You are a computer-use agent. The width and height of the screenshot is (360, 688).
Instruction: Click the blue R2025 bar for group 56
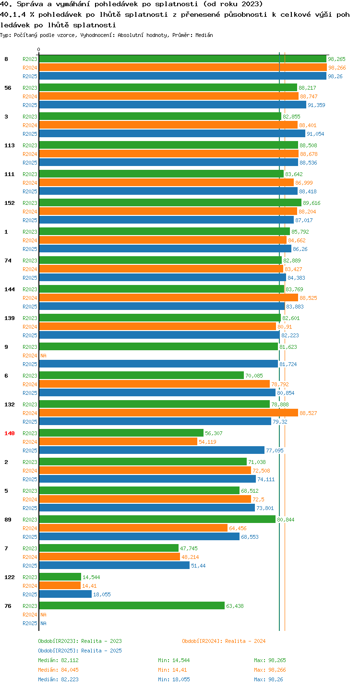point(173,105)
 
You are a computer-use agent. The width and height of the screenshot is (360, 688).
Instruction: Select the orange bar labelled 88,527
point(168,413)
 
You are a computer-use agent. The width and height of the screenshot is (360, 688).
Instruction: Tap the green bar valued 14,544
point(60,577)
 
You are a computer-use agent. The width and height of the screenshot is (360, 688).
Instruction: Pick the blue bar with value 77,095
point(152,451)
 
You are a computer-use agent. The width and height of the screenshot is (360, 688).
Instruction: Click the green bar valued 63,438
point(132,605)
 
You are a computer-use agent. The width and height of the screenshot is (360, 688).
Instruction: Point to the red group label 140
point(10,433)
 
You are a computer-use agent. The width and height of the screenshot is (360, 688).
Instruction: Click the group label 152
point(10,203)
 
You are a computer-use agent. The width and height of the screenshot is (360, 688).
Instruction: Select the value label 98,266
point(337,68)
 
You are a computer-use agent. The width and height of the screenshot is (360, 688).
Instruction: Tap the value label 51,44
point(198,566)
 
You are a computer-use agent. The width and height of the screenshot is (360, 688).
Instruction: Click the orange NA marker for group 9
point(43,356)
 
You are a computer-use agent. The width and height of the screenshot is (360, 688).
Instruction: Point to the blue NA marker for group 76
point(43,623)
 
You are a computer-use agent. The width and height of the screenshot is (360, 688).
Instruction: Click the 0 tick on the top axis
point(38,49)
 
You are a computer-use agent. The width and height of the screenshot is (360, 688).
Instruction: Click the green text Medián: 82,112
point(59,660)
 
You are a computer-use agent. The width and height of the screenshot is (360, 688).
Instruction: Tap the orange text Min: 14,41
point(172,670)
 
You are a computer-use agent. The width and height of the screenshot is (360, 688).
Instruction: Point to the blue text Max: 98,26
point(268,679)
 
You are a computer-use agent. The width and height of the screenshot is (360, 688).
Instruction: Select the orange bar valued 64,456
point(133,528)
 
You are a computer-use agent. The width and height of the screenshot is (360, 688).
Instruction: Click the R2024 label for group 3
point(30,125)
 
